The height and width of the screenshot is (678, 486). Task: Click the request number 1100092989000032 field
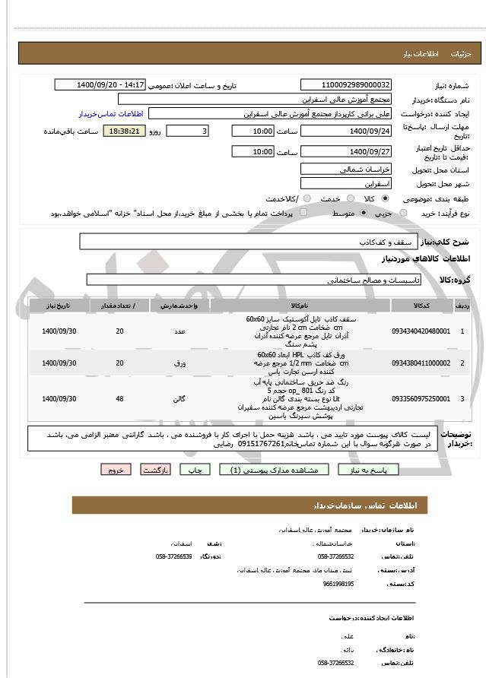(346, 85)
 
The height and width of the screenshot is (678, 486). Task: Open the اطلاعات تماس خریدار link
(112, 113)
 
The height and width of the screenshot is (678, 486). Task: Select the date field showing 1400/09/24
(346, 131)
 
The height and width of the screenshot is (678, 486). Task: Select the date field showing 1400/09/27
(346, 151)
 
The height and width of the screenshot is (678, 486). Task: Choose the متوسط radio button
(363, 214)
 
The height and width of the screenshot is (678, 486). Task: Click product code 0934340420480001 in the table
(421, 331)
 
